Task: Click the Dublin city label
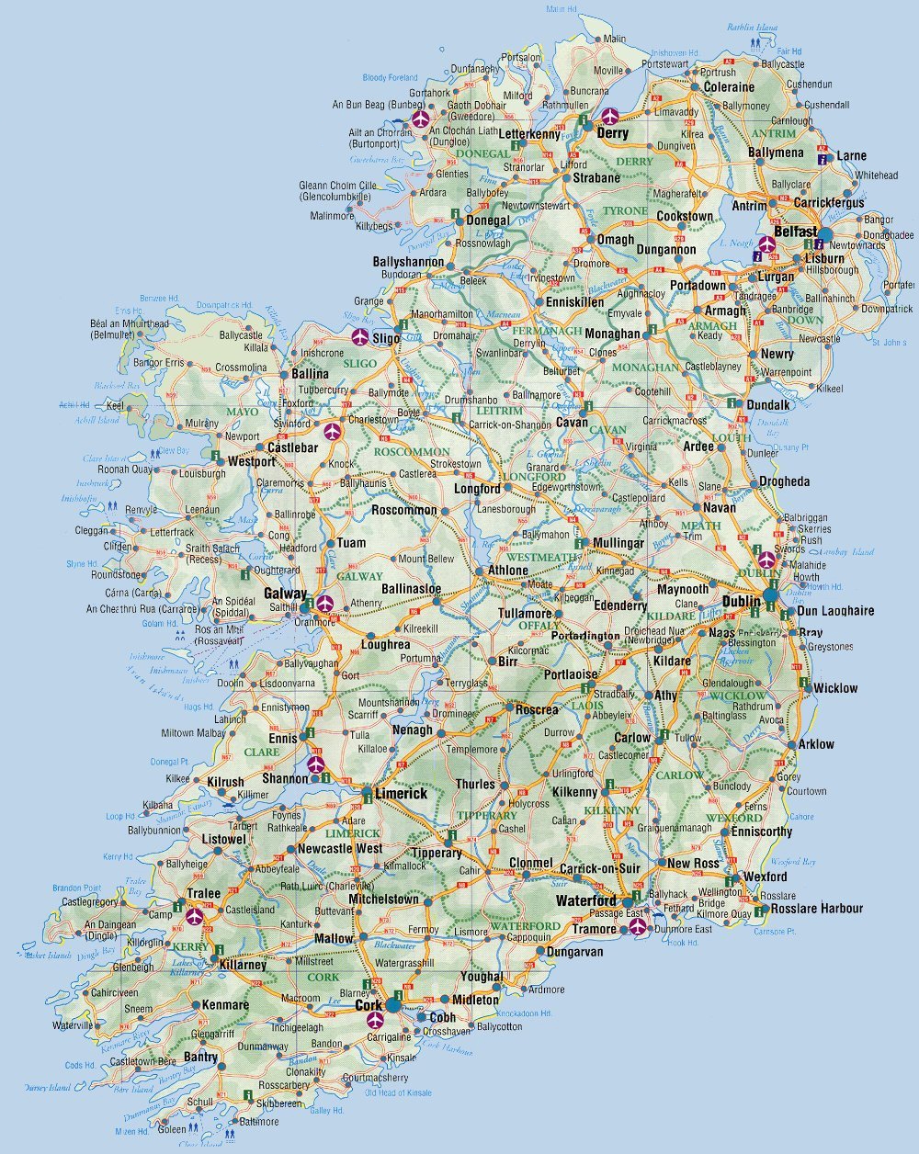[741, 601]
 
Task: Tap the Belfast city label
[795, 232]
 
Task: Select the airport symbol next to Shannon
[317, 764]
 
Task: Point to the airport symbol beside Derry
[610, 117]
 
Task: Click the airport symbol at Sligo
[359, 336]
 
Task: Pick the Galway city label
[285, 594]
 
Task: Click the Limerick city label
[401, 793]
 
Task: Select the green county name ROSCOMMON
[411, 452]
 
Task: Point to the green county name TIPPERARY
[487, 815]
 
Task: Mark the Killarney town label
[243, 965]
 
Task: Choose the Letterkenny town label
[528, 134]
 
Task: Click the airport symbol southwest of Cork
[374, 1020]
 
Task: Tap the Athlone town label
[507, 571]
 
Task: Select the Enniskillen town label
[575, 301]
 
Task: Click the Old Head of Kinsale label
[397, 1092]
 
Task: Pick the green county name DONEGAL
[482, 153]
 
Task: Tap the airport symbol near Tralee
[194, 915]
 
